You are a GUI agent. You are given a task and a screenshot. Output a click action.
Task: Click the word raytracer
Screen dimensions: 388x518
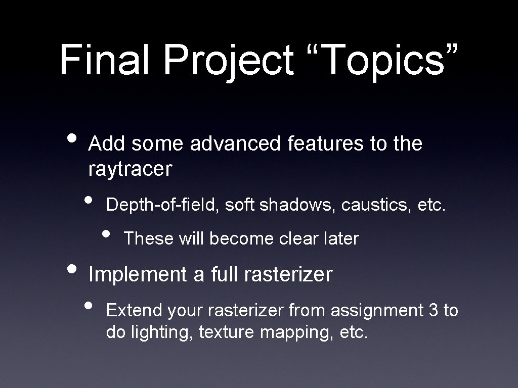tap(130, 169)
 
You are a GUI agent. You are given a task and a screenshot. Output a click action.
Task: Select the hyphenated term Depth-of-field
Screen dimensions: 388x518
tap(162, 205)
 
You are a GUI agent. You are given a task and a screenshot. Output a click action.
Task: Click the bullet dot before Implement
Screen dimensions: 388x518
tap(73, 269)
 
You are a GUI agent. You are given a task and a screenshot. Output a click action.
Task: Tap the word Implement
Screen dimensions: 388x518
tap(138, 275)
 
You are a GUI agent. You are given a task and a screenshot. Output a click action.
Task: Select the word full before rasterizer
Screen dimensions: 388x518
tap(223, 275)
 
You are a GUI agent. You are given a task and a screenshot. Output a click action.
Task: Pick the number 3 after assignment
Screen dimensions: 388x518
tap(433, 310)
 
